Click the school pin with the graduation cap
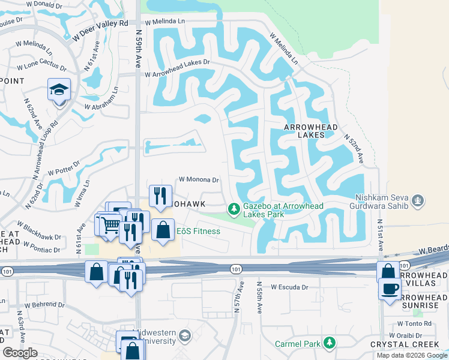point(59,90)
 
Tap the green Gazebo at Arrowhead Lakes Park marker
point(233,209)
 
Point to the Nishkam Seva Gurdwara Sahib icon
point(418,199)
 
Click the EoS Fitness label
point(198,231)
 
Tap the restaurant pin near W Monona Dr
point(160,196)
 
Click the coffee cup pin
point(389,289)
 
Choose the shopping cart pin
point(110,226)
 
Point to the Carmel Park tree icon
point(328,343)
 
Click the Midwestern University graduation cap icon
point(184,335)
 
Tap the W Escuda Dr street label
point(289,287)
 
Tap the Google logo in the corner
point(20,353)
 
